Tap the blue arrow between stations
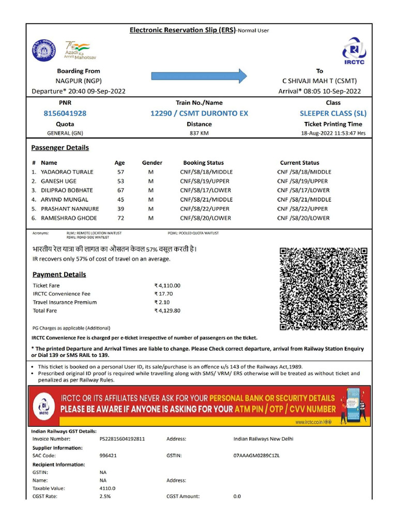199,76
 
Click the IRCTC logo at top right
354,51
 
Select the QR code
324,289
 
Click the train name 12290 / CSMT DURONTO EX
199,113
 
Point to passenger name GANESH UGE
58,181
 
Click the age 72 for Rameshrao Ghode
120,218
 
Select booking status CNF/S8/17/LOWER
206,190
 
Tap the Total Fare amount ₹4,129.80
167,310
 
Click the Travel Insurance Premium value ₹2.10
162,302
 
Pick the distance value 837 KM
199,133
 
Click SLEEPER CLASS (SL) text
333,113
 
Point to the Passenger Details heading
60,148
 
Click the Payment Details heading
59,274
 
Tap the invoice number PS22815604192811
122,439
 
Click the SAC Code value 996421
108,456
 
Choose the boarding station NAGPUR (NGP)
79,81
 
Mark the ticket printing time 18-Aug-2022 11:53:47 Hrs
333,133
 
